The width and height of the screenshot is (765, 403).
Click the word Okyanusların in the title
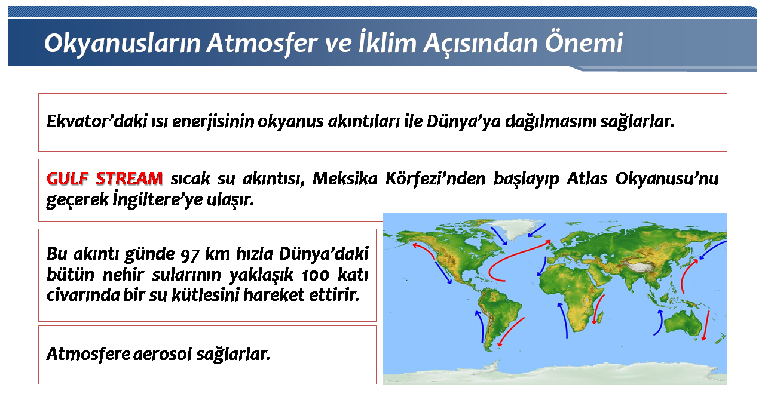tap(122, 44)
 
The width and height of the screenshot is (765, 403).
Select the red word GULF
tap(68, 179)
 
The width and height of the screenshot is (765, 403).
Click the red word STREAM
tap(129, 179)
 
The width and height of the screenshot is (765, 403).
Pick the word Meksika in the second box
tap(345, 179)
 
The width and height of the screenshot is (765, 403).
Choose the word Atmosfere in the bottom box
tap(88, 354)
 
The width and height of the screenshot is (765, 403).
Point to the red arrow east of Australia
tap(706, 325)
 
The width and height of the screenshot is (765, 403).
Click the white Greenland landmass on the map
tap(516, 227)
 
